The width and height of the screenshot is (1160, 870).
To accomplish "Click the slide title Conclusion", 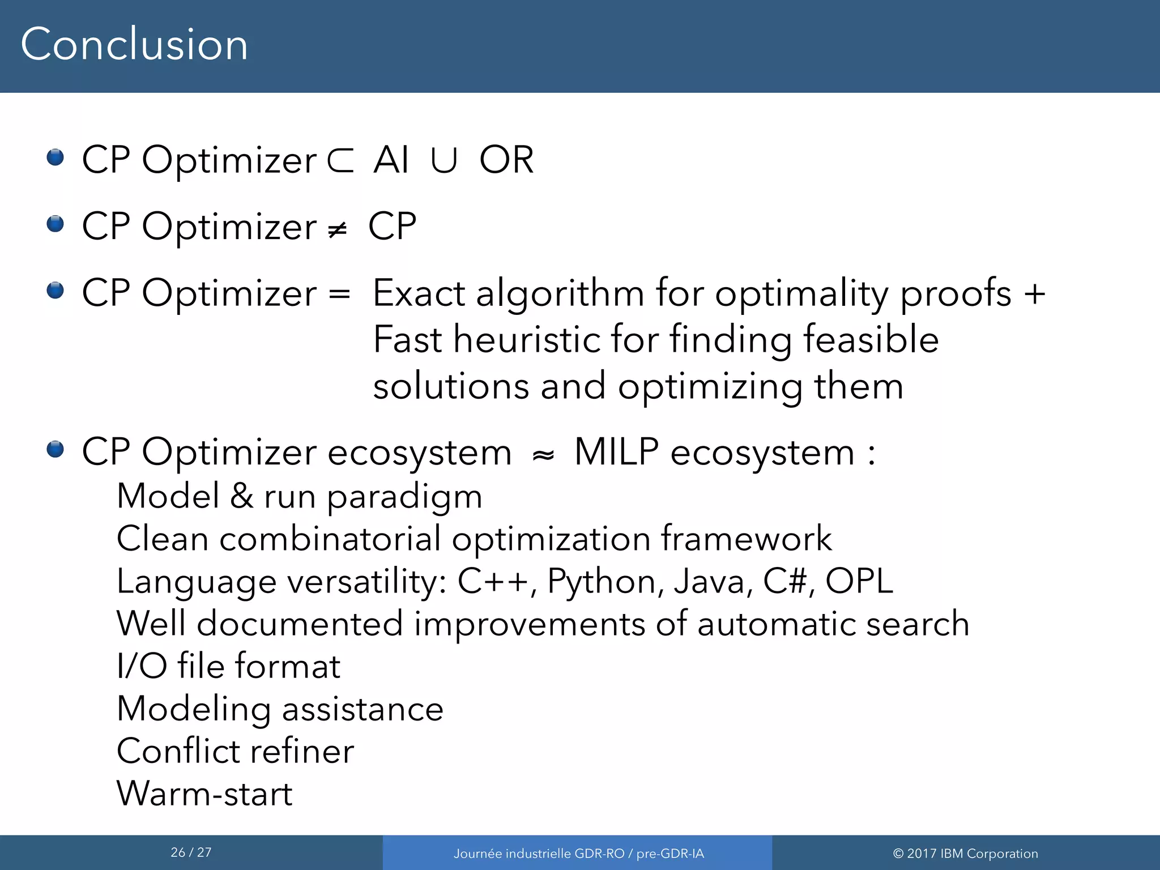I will (134, 45).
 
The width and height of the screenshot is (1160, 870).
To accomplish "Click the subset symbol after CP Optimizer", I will (340, 160).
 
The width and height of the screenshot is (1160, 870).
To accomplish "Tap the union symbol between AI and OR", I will (443, 160).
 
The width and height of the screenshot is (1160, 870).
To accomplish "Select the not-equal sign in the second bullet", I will (338, 229).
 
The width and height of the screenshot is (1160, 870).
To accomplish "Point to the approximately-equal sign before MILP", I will (543, 455).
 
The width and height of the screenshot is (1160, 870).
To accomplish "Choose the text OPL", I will (859, 581).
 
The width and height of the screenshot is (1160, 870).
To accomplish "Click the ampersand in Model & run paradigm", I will (242, 496).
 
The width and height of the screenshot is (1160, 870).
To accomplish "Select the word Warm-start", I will (204, 794).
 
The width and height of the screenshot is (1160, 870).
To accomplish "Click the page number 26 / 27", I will (191, 852).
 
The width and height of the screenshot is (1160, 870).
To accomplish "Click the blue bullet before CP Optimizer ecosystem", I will (55, 450).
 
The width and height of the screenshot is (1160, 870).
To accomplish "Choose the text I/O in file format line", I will (142, 666).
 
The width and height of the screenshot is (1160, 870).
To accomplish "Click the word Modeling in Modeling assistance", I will (193, 710).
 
